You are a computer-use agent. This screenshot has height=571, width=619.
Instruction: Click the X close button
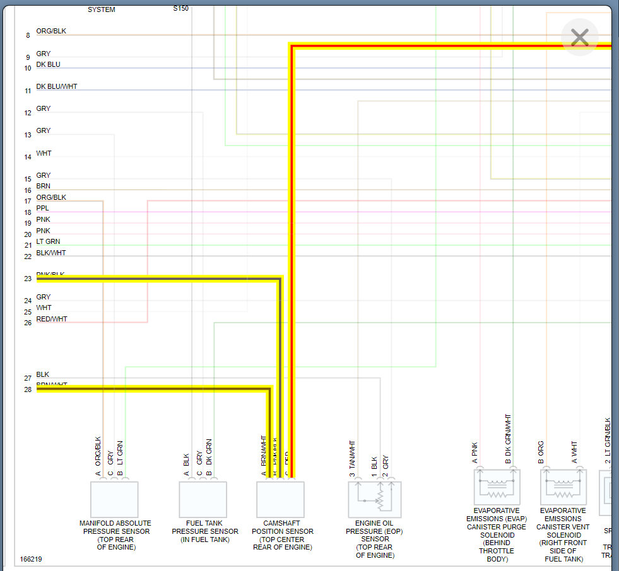pos(579,38)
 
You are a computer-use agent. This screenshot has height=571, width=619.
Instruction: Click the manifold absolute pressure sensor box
pos(114,499)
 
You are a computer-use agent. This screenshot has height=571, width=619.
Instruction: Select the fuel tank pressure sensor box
pos(203,499)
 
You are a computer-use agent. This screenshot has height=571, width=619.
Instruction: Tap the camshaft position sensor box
pos(280,499)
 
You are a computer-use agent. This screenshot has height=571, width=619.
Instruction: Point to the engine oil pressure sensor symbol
pos(375,499)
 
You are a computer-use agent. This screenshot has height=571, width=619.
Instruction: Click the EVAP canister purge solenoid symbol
pos(497,487)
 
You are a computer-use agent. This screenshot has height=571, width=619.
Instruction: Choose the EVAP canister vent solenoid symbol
pos(563,487)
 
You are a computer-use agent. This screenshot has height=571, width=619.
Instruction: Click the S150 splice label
pos(181,9)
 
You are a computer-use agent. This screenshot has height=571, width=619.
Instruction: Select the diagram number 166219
pos(32,559)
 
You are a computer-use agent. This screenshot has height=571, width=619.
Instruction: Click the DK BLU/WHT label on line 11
pos(57,86)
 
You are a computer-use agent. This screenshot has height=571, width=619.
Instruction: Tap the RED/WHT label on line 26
pos(52,319)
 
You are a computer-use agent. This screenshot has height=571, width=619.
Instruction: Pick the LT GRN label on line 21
pos(49,241)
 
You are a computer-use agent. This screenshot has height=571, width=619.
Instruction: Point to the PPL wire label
pos(42,208)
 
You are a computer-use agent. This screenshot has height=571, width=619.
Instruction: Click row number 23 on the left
pos(28,279)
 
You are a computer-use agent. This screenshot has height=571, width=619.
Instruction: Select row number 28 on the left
pos(28,389)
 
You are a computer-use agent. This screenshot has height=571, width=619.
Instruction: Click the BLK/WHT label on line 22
pos(51,253)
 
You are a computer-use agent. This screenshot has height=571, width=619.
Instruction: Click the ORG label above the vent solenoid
pos(541,448)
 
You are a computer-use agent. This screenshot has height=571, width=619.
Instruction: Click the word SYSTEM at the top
pos(101,10)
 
